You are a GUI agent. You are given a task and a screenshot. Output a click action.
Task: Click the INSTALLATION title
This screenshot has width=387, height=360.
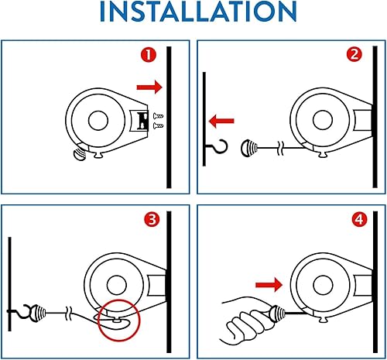point(198,12)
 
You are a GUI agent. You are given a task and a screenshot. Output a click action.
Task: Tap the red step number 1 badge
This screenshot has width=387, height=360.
point(149,55)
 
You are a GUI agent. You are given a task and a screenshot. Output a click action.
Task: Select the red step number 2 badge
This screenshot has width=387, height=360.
point(354,54)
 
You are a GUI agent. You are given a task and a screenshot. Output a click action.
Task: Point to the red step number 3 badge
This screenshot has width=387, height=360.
point(152,220)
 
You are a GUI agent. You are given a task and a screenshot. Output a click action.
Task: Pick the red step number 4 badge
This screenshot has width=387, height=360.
point(359,220)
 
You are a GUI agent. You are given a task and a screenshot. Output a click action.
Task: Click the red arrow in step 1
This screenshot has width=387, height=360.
point(149,87)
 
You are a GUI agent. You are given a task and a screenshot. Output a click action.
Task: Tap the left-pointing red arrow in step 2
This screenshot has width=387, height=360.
point(221,121)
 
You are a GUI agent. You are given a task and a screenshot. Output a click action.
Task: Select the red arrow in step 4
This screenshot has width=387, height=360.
point(269,285)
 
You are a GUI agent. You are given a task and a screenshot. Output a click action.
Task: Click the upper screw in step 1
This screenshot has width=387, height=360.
point(158,116)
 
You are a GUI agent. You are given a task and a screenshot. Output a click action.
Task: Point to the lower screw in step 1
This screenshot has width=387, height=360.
point(158,125)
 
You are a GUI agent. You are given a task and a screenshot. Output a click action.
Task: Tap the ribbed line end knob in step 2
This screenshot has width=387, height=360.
point(249,148)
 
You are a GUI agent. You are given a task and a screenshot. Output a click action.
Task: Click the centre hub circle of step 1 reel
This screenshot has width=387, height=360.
point(98,121)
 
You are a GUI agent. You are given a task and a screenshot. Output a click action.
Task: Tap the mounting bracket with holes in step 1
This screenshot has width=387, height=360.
point(139,121)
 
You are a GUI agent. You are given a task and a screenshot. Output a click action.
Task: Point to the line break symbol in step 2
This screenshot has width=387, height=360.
point(281,148)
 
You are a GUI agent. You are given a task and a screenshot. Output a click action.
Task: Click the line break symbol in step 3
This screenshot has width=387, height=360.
point(69,314)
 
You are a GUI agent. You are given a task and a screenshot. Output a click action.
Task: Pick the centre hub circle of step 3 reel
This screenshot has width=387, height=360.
point(117,285)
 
